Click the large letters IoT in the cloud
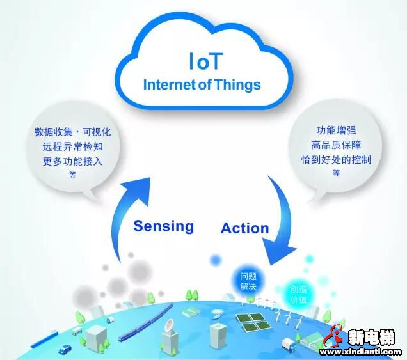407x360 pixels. [206, 61]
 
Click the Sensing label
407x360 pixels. [164, 226]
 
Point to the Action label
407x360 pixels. [244, 228]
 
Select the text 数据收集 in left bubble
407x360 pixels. [53, 132]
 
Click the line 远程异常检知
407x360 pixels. [73, 147]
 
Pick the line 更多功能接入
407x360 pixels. [73, 161]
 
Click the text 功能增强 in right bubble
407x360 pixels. [336, 130]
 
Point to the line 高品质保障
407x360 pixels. [336, 145]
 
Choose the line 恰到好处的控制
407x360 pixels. [336, 159]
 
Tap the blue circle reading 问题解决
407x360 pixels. [248, 281]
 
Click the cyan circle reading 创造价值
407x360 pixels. [298, 294]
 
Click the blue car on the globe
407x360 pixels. [65, 349]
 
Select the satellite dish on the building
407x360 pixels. [169, 325]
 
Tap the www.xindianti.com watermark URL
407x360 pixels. [360, 352]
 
